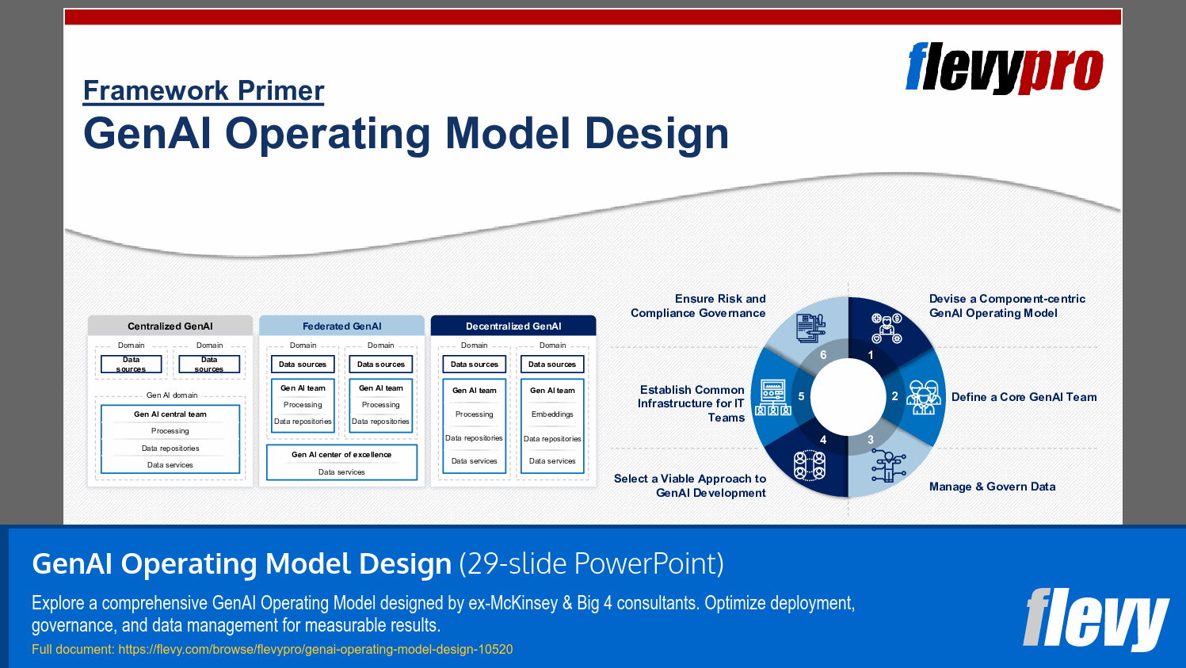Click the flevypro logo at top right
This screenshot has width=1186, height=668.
click(1004, 68)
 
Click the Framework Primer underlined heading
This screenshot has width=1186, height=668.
click(204, 91)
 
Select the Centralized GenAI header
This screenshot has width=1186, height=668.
click(170, 326)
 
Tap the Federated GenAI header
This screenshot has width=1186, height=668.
click(342, 326)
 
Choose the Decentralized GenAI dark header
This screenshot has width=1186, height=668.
click(513, 326)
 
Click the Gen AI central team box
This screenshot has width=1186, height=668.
click(170, 414)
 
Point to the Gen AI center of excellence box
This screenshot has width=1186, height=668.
click(341, 455)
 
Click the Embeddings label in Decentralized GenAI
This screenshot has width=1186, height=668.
click(552, 414)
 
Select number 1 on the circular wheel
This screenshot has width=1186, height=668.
click(871, 355)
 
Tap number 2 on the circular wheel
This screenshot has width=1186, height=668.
click(894, 396)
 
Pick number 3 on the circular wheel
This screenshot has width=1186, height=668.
click(871, 440)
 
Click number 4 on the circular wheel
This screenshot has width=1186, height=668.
click(823, 440)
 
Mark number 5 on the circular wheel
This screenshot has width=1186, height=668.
click(801, 396)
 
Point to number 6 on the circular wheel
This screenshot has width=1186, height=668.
click(823, 355)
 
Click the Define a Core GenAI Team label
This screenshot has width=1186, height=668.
click(1024, 397)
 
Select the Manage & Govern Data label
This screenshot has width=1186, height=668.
click(992, 487)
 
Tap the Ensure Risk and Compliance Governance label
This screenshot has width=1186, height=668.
click(698, 306)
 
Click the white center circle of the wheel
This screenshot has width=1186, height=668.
click(848, 397)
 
